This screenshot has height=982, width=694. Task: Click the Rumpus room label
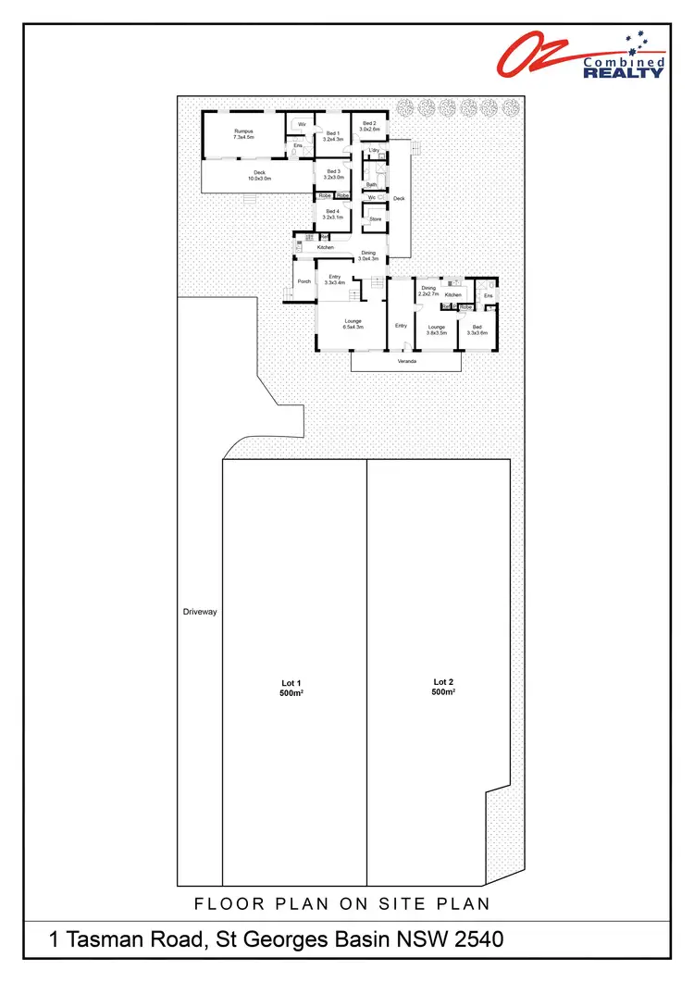(x=243, y=134)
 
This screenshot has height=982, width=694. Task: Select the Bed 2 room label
(x=369, y=126)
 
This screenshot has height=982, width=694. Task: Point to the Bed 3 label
(x=333, y=174)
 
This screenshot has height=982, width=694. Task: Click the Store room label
(x=376, y=218)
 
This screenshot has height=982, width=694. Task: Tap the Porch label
(x=303, y=281)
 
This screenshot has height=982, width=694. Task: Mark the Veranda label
(x=405, y=360)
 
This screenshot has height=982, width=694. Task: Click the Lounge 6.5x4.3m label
(x=353, y=325)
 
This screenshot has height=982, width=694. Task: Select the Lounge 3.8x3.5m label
(x=436, y=329)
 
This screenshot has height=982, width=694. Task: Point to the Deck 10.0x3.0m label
(x=259, y=175)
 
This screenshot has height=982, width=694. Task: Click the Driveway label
(x=199, y=612)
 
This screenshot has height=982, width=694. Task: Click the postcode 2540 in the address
(x=475, y=940)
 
